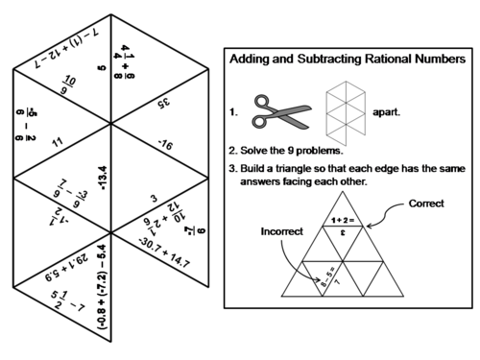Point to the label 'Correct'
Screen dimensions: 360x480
tap(426, 204)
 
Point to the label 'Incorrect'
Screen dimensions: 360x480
tap(281, 231)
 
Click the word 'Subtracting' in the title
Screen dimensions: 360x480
tap(309, 60)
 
